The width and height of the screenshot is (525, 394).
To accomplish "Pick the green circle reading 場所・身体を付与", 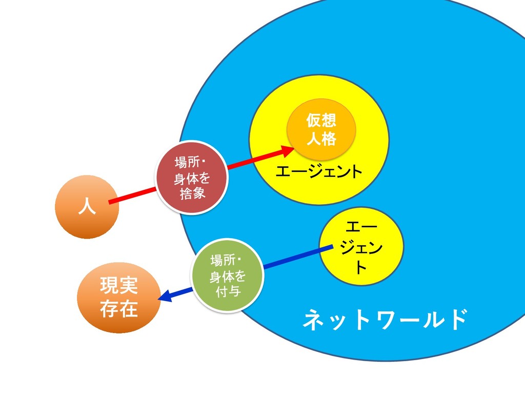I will (227, 275).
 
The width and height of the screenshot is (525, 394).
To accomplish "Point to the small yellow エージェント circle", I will (361, 247).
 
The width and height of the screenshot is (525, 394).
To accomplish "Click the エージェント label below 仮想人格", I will (318, 172).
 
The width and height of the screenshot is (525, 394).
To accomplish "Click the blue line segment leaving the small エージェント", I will (297, 257).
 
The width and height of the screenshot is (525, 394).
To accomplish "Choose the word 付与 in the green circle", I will (228, 292).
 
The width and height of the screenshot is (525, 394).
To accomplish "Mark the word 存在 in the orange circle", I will (118, 309).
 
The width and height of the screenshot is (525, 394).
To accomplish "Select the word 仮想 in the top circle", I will (321, 121).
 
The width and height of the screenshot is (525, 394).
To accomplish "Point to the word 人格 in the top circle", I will (321, 139).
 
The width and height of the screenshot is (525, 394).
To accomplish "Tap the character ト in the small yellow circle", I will (361, 268).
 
